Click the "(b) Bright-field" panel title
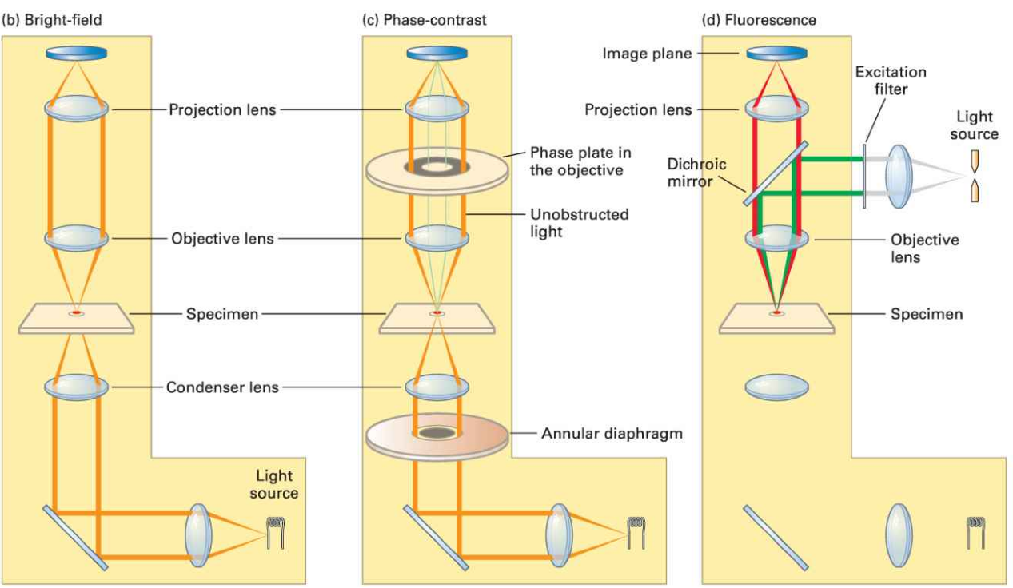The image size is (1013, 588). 55,19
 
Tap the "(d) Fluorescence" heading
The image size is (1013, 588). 760,19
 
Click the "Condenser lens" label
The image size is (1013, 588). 222,387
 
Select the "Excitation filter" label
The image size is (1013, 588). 891,80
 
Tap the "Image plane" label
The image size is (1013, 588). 647,54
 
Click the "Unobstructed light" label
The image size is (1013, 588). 580,222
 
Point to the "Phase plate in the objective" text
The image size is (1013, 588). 576,161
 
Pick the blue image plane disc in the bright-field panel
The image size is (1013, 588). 76,54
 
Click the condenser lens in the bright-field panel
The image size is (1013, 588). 76,388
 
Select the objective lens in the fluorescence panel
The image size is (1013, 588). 776,237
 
